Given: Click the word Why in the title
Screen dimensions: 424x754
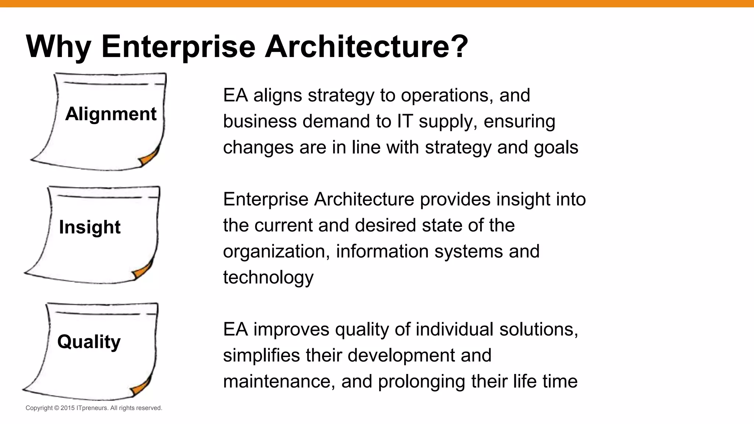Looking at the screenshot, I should click(58, 47).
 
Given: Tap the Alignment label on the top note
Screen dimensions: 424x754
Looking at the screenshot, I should click(111, 114).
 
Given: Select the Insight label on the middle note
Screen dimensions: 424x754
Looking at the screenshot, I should click(89, 227).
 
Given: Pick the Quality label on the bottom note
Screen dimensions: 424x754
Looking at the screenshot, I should click(89, 342).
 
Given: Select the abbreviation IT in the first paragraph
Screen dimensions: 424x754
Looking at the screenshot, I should click(405, 121).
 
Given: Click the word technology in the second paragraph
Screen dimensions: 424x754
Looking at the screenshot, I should click(268, 278).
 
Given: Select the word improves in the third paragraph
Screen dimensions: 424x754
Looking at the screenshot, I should click(291, 329).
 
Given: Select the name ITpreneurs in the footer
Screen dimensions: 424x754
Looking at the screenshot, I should click(92, 408).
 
